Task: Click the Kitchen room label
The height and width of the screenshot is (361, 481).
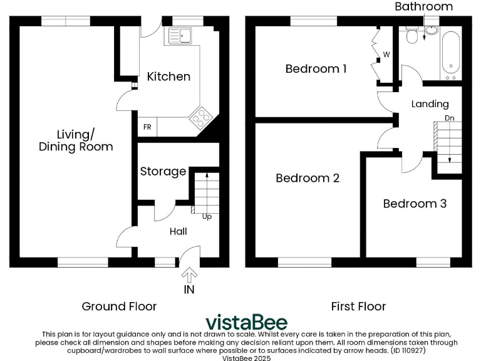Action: [168, 76]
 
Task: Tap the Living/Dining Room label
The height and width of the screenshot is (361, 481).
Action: [76, 141]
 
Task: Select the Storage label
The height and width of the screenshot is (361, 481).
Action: [163, 171]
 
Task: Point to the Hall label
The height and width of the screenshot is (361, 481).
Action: [178, 231]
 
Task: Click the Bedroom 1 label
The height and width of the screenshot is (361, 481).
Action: [316, 69]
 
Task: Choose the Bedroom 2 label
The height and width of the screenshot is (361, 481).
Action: [308, 178]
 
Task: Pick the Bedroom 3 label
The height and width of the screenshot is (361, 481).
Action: [415, 204]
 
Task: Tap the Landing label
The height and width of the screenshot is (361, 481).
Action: [430, 104]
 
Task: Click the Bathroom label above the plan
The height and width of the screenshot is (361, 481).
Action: [423, 7]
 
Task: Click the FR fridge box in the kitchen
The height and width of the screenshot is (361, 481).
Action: [147, 127]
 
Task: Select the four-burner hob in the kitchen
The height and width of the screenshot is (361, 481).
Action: [201, 117]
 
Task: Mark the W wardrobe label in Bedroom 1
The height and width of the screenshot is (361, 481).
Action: [386, 55]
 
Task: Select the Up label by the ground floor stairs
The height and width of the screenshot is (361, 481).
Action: [206, 217]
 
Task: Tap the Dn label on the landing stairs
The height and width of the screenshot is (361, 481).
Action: [449, 117]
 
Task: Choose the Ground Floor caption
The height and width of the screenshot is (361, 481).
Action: [119, 306]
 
